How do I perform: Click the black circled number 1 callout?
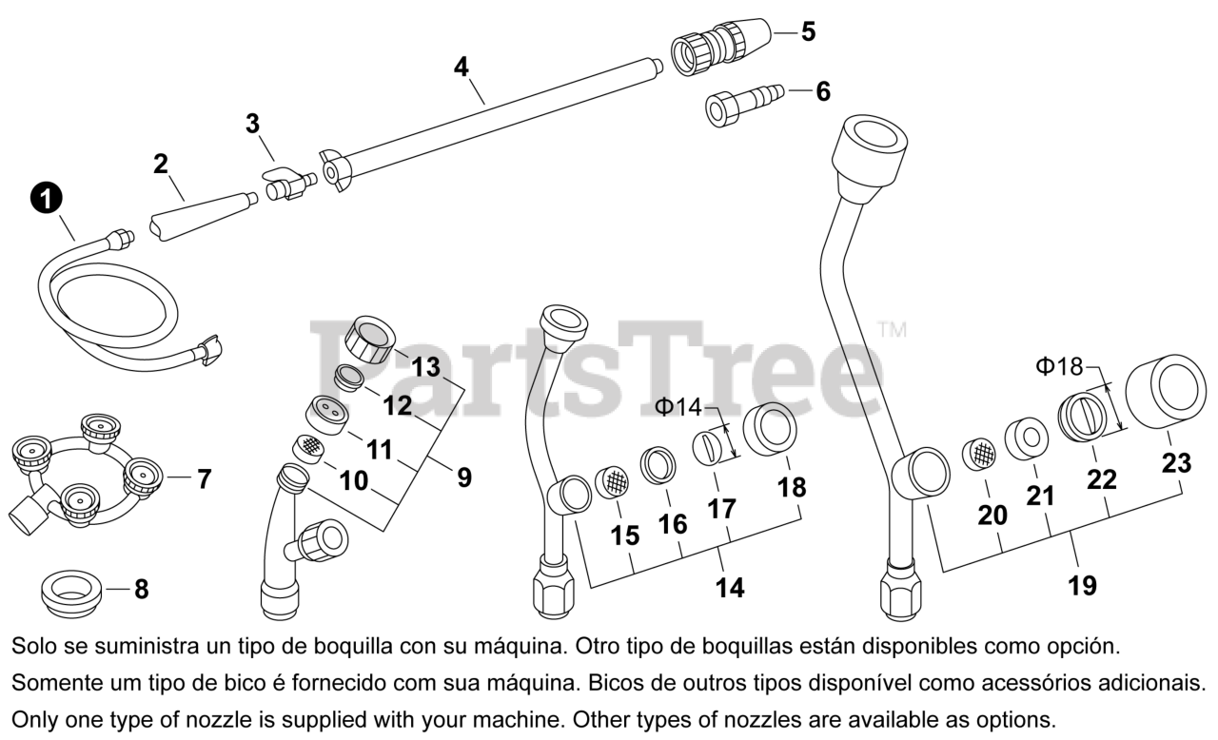coord(46,198)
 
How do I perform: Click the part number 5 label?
coord(807,31)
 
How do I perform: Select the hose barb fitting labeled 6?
coord(743,100)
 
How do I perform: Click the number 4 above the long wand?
coord(462,67)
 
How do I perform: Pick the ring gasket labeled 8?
coord(71,592)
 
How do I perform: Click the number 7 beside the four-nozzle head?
coord(204,479)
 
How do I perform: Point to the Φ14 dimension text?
coord(678,407)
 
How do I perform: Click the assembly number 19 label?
coord(1082,585)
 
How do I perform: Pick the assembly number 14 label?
coord(730,588)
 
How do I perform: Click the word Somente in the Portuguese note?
coord(48,683)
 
